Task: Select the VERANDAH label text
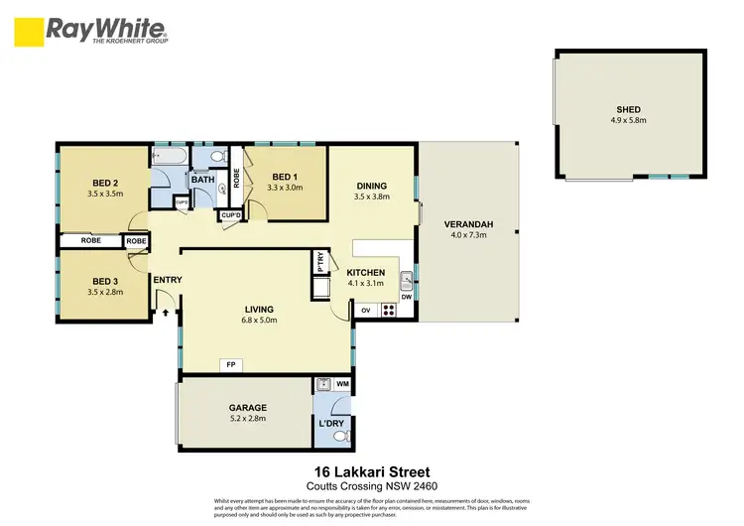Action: coord(469,224)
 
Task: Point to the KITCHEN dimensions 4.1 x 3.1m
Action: coord(367,284)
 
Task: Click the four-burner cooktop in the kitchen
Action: coord(388,310)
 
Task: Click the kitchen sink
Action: coord(406,279)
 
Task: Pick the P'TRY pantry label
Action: coord(320,263)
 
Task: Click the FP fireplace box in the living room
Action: coord(231,365)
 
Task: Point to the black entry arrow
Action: coord(167,312)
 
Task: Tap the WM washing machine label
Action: coord(342,383)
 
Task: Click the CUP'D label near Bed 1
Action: coord(230,215)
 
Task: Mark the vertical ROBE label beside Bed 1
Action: coord(236,179)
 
